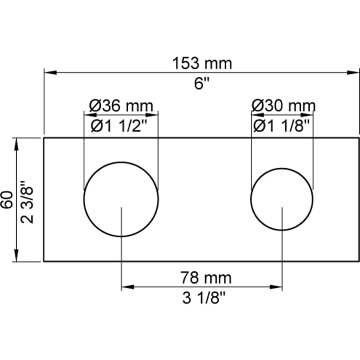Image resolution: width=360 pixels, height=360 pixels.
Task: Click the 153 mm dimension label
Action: (x=202, y=63)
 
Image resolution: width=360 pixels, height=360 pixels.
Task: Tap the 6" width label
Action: (x=202, y=83)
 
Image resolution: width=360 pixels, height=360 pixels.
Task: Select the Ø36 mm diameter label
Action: (x=121, y=106)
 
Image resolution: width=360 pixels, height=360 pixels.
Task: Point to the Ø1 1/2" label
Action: (x=119, y=126)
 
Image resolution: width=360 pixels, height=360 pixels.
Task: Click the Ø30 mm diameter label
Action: (x=284, y=106)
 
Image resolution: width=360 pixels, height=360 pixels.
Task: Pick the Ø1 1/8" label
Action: (x=282, y=126)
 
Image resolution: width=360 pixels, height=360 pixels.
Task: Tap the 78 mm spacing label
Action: (x=206, y=278)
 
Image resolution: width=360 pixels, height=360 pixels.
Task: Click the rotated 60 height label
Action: (x=7, y=199)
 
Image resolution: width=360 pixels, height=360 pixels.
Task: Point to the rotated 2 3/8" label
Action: (x=27, y=202)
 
